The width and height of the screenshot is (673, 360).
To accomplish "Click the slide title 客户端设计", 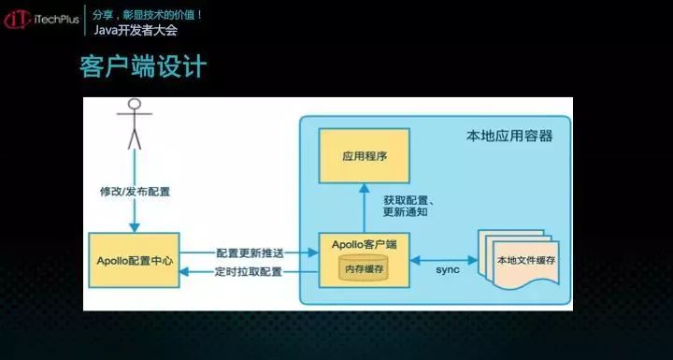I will pyautogui.click(x=143, y=68).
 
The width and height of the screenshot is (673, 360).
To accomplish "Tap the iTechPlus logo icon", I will pyautogui.click(x=16, y=21).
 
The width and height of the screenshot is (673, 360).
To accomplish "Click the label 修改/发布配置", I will pyautogui.click(x=135, y=192).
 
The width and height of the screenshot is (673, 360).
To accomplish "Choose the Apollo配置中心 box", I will pyautogui.click(x=134, y=253).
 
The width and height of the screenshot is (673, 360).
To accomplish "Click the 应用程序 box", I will pyautogui.click(x=365, y=155).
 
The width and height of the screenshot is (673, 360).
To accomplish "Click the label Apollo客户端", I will pyautogui.click(x=365, y=244).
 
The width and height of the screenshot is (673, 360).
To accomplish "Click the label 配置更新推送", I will pyautogui.click(x=249, y=252).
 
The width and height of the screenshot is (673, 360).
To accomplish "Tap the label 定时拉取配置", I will pyautogui.click(x=249, y=271).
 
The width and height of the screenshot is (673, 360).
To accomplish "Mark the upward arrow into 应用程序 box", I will pyautogui.click(x=365, y=208).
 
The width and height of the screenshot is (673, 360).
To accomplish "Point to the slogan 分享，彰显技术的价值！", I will pyautogui.click(x=148, y=15).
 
